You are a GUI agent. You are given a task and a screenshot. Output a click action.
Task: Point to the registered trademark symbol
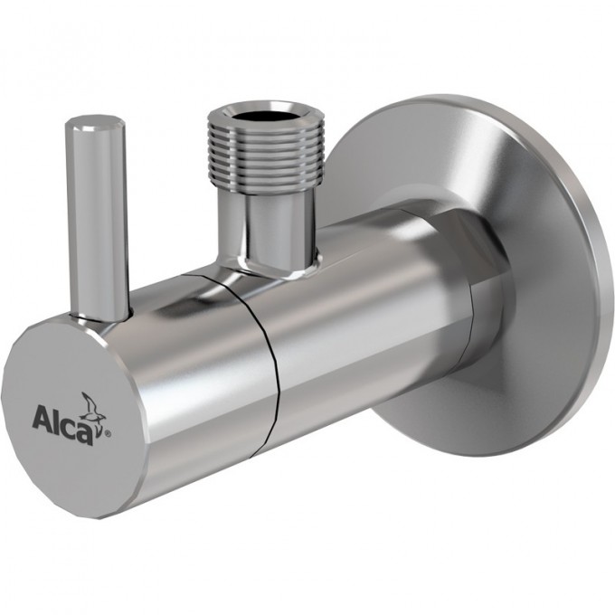109,434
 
